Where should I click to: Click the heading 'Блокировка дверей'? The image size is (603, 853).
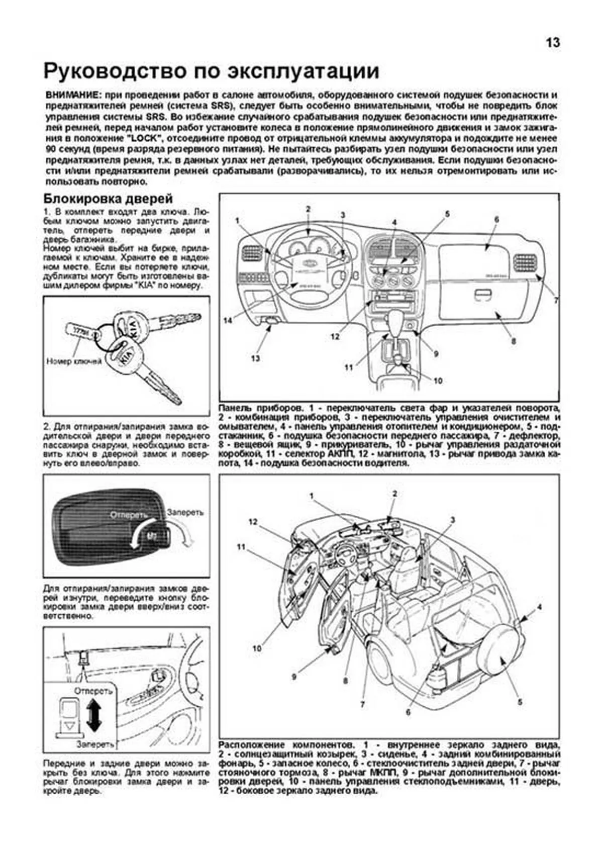pyautogui.click(x=108, y=198)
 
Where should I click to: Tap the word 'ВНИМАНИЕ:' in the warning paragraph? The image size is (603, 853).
pyautogui.click(x=72, y=95)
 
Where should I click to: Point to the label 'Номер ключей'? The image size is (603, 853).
pyautogui.click(x=74, y=361)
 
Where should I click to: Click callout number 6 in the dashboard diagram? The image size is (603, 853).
pyautogui.click(x=496, y=220)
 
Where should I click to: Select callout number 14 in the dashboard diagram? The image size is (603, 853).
pyautogui.click(x=228, y=320)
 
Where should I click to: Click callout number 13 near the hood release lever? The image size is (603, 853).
pyautogui.click(x=255, y=358)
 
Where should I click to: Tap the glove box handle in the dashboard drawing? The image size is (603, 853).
pyautogui.click(x=483, y=294)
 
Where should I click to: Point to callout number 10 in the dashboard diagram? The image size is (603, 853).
pyautogui.click(x=438, y=381)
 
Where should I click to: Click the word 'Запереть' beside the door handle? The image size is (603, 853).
pyautogui.click(x=185, y=512)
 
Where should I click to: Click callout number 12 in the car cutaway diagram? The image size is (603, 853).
pyautogui.click(x=253, y=522)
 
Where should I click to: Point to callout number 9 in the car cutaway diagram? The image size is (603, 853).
pyautogui.click(x=294, y=677)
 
